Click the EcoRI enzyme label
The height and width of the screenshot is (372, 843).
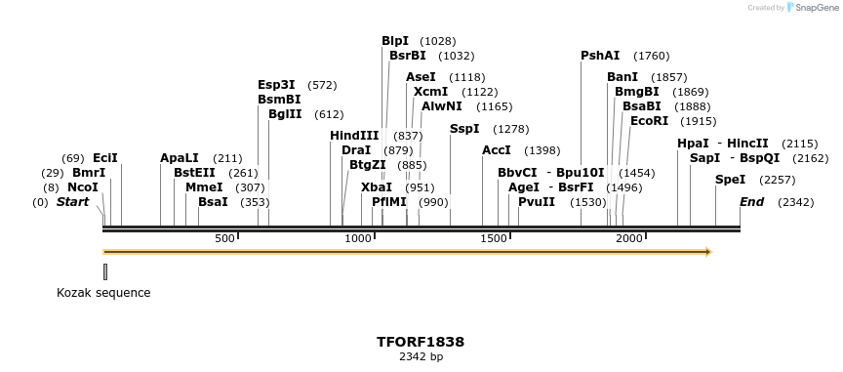[x=649, y=121]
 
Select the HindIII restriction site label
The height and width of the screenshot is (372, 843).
[x=354, y=136]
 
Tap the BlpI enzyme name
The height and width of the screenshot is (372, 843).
[x=395, y=41]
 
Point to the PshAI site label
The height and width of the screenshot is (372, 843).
[x=600, y=56]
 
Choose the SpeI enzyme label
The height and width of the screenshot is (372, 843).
[x=730, y=180]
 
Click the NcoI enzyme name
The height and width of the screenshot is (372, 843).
[x=83, y=187]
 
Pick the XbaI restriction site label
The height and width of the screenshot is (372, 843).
[x=377, y=187]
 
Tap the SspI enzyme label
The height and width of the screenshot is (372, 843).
[x=464, y=129]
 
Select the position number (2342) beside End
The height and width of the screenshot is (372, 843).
[x=795, y=202]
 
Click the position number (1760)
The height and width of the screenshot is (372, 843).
[x=651, y=56]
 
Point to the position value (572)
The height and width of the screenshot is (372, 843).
[x=321, y=85]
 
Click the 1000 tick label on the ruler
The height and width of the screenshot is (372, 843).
[x=359, y=239]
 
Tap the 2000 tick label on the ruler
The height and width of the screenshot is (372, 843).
[x=629, y=239]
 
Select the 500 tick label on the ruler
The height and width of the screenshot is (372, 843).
[x=225, y=239]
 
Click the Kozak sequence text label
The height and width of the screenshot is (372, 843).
[x=103, y=292]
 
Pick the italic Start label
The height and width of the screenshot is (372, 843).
[x=72, y=202]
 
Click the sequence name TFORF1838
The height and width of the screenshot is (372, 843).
[x=421, y=342]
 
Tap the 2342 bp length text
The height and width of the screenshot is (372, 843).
[x=421, y=356]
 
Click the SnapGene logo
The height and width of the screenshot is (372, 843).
[x=811, y=8]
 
